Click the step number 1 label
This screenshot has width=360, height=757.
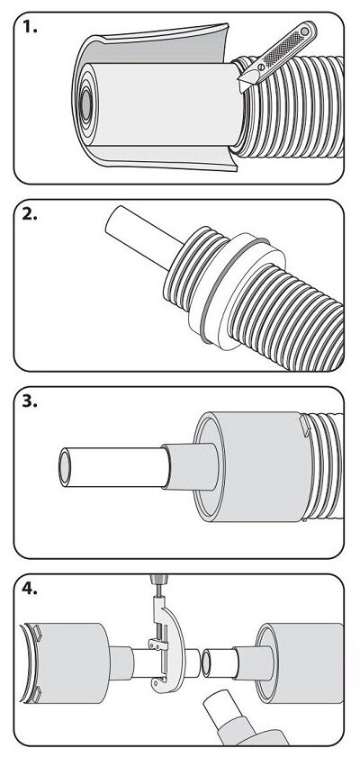[x=30, y=27]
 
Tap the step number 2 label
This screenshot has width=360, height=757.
[x=30, y=214]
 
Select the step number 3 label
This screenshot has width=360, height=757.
[x=30, y=401]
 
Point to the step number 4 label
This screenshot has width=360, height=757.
[x=30, y=589]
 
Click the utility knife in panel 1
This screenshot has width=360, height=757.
[x=277, y=56]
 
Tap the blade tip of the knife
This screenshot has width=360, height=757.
[x=241, y=90]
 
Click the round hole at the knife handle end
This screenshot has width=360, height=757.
[x=305, y=32]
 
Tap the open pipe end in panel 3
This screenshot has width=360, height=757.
[x=65, y=467]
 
